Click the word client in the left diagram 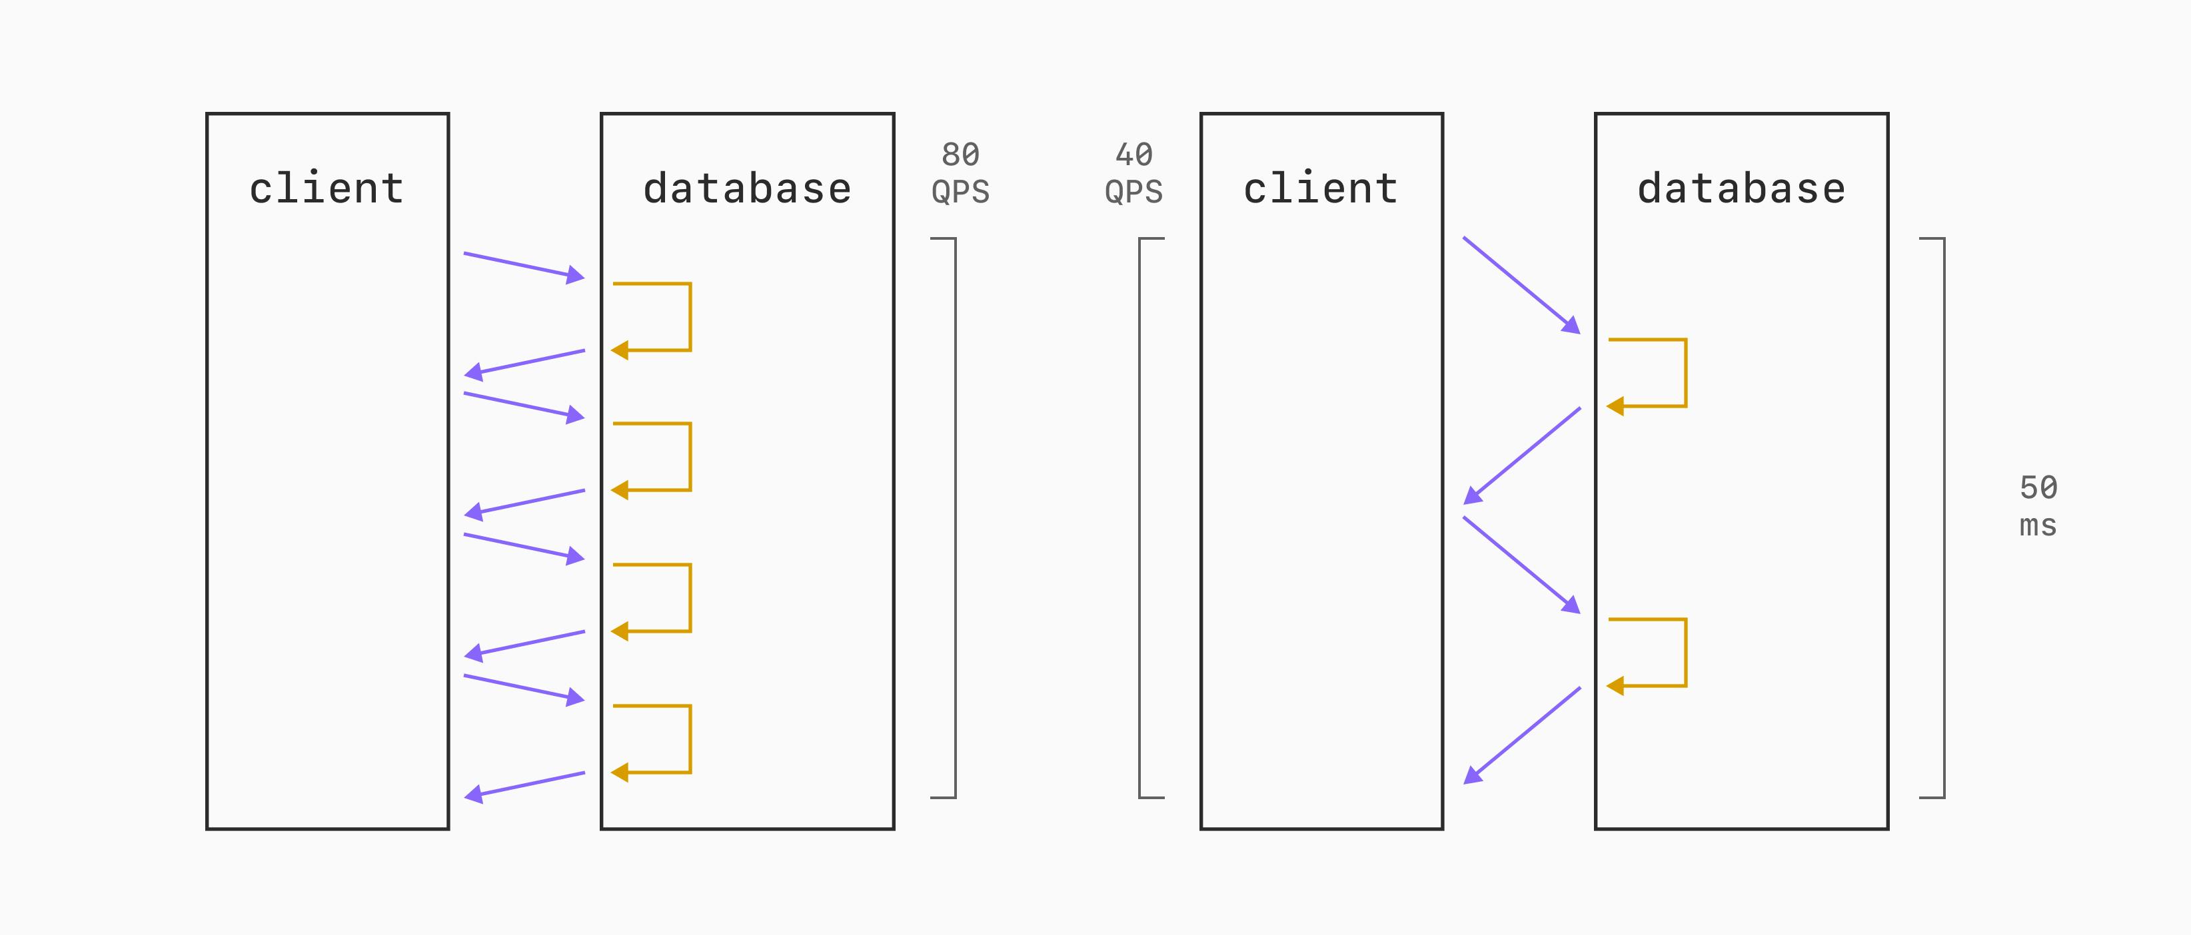[x=327, y=188]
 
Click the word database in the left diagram [x=748, y=188]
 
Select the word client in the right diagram [x=1321, y=188]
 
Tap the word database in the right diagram [x=1742, y=188]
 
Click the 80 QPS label [x=961, y=173]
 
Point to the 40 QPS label [x=1133, y=173]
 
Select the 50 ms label [x=2039, y=507]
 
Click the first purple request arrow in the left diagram [x=524, y=265]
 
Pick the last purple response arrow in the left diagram [x=524, y=784]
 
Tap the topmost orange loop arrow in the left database [x=690, y=316]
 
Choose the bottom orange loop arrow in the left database [x=690, y=739]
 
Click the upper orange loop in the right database [x=1685, y=372]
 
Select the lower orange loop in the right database [x=1685, y=652]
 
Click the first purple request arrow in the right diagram [x=1521, y=286]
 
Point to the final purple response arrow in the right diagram [x=1521, y=735]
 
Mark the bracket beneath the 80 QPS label [x=955, y=517]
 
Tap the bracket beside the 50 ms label [x=1944, y=517]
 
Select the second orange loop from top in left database [x=690, y=456]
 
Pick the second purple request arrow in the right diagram [x=1521, y=565]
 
